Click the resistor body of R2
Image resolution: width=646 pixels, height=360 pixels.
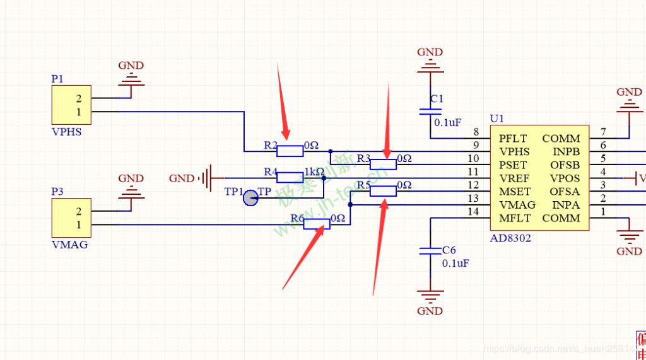click(x=290, y=151)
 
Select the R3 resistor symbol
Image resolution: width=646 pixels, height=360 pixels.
click(x=383, y=165)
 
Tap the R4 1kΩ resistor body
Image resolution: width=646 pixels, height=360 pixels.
click(x=290, y=178)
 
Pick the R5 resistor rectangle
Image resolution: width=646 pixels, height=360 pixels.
click(x=383, y=191)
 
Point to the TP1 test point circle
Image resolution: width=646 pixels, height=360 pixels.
click(x=250, y=198)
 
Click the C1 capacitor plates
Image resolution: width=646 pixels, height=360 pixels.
click(x=430, y=112)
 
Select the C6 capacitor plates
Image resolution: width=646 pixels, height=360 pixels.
click(x=430, y=251)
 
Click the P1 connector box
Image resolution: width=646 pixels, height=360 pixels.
click(x=71, y=105)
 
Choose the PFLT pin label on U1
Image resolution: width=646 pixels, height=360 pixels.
click(x=512, y=139)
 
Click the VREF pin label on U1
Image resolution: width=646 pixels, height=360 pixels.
click(x=514, y=178)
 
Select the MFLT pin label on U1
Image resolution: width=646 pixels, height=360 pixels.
click(x=514, y=218)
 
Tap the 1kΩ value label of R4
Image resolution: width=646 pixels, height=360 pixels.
click(x=314, y=171)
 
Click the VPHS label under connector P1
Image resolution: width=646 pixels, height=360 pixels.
click(x=66, y=133)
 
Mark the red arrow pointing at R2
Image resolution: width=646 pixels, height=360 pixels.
click(x=283, y=101)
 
